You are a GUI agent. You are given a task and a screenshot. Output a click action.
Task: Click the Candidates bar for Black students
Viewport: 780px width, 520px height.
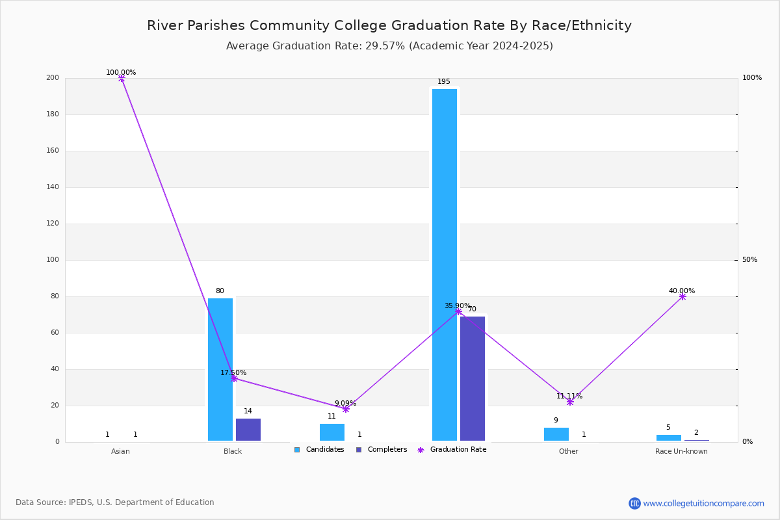click(x=220, y=369)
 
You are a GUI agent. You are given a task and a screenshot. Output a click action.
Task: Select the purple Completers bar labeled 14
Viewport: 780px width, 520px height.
click(x=248, y=430)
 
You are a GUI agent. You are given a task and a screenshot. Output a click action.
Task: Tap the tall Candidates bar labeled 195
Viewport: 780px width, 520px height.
click(x=445, y=265)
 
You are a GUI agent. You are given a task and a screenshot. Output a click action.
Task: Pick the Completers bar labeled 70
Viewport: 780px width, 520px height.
click(x=473, y=378)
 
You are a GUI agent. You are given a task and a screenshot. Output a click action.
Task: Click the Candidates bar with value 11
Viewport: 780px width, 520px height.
click(x=332, y=432)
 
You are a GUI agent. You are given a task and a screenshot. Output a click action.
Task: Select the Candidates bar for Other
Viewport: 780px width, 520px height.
click(x=556, y=434)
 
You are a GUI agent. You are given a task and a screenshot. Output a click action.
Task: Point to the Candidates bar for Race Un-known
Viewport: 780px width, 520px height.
click(x=669, y=438)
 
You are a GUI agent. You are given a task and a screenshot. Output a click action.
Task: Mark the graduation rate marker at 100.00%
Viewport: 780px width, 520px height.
click(x=122, y=79)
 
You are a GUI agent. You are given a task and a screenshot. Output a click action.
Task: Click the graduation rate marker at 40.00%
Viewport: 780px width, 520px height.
click(x=682, y=297)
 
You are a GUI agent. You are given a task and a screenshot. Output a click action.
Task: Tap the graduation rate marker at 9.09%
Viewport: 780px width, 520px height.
click(x=346, y=409)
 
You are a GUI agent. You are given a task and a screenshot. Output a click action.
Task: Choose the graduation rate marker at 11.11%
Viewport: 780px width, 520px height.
click(x=570, y=402)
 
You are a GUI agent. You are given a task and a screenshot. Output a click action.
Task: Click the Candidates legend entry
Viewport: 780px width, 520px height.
click(x=319, y=449)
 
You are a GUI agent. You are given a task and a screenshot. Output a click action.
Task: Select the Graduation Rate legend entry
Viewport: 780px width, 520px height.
click(x=452, y=449)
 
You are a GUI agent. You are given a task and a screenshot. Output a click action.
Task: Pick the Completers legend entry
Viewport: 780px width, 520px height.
click(x=382, y=449)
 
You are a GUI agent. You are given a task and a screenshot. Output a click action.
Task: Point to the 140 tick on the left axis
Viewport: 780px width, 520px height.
click(x=53, y=187)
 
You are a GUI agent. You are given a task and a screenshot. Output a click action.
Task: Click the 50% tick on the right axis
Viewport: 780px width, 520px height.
click(x=749, y=259)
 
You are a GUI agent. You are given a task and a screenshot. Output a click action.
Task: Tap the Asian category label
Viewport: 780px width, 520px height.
click(x=120, y=451)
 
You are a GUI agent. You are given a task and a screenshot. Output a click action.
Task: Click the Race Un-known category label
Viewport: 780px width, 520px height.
click(x=681, y=451)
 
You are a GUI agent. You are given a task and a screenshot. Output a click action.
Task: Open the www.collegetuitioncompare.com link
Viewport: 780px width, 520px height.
click(x=703, y=503)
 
